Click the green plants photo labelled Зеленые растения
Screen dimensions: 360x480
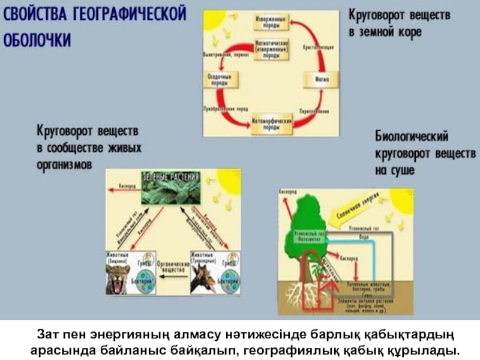pos(171,188)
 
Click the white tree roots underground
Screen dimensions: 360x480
pos(309,294)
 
